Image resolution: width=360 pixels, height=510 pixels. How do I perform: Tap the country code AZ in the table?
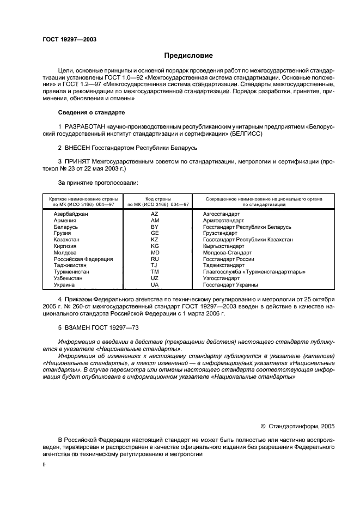coord(154,214)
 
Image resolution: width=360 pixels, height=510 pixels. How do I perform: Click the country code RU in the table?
coord(154,259)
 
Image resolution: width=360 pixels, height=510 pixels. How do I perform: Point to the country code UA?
coord(154,284)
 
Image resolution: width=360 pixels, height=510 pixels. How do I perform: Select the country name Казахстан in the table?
coord(66,240)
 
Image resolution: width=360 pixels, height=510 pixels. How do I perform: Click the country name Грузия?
coord(63,233)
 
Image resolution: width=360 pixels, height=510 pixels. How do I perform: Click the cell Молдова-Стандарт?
coord(227,252)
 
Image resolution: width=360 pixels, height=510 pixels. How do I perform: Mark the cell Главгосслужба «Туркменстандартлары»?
coord(254,272)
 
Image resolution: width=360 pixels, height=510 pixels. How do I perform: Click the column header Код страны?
coord(158,199)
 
